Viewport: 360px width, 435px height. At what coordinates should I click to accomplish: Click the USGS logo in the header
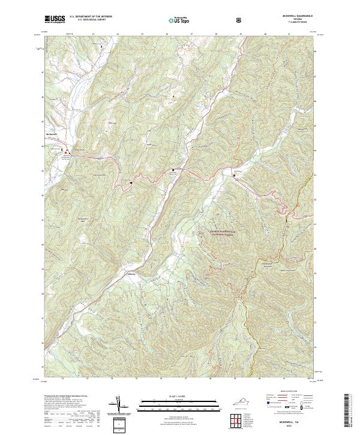coord(55,20)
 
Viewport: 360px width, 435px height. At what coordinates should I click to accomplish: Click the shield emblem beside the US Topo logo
coord(206,20)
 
